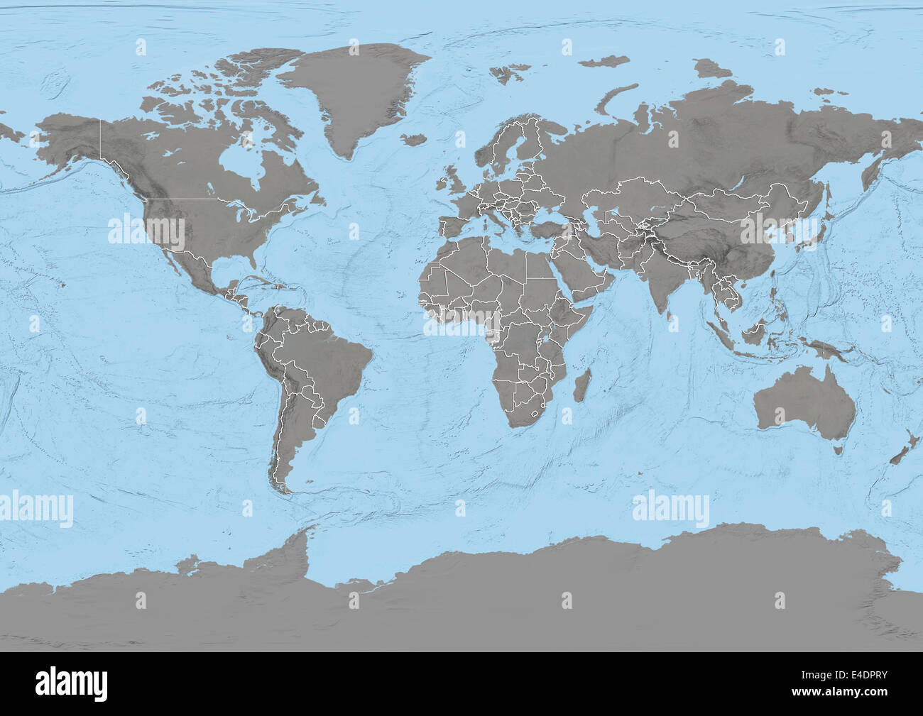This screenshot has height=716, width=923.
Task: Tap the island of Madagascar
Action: pyautogui.click(x=582, y=384)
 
